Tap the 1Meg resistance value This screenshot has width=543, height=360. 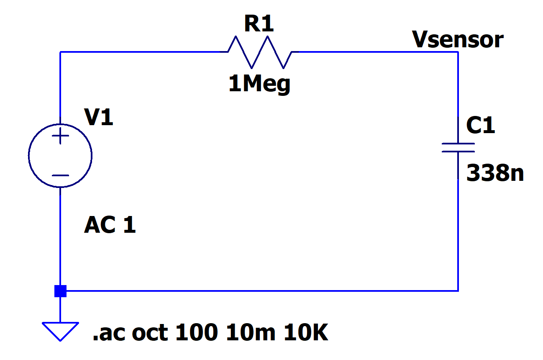(x=259, y=85)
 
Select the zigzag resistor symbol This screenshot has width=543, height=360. (x=260, y=52)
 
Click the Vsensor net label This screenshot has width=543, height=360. (x=458, y=40)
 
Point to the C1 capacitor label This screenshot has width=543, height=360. (x=481, y=126)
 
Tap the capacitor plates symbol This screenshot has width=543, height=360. (x=458, y=147)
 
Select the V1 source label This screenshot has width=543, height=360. (x=99, y=118)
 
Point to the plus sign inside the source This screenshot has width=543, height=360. (x=60, y=136)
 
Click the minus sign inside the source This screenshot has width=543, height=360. (x=60, y=175)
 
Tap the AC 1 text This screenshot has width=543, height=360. (x=110, y=226)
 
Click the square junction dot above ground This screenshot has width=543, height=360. (x=60, y=291)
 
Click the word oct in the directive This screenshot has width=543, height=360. (x=150, y=333)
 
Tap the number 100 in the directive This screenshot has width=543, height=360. (x=197, y=333)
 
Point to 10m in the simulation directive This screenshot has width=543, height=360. (x=251, y=333)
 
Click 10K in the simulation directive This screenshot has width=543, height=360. (x=306, y=333)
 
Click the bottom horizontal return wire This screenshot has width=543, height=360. (x=259, y=291)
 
